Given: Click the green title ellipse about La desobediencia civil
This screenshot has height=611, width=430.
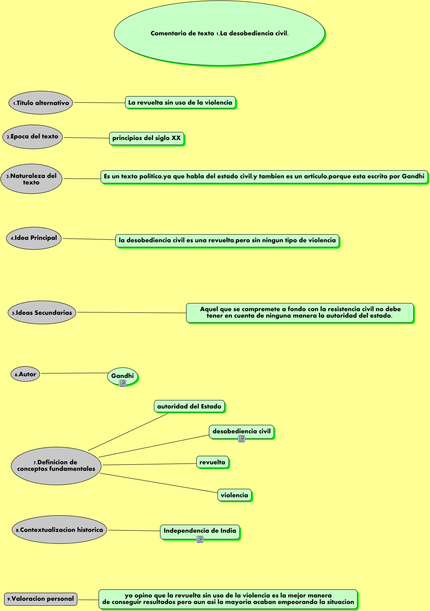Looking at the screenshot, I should (x=219, y=33).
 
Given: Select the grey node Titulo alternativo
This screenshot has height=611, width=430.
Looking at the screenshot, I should (x=41, y=103).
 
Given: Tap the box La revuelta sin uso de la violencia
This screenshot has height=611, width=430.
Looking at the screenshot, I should (x=180, y=103).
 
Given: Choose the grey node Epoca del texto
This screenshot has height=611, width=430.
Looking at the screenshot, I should (x=33, y=137).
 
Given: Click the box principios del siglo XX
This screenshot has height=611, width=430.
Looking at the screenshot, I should (x=147, y=138).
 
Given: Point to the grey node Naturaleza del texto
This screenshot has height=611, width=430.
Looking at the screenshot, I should (x=31, y=179).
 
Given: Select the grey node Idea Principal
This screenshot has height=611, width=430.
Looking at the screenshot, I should (x=34, y=238).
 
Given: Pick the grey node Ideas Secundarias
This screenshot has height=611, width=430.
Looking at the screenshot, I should (x=42, y=313).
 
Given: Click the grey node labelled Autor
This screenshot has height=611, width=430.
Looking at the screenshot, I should (x=25, y=374).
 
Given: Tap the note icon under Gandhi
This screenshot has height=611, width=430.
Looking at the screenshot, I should (x=123, y=383).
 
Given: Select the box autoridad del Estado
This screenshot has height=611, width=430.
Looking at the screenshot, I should (x=189, y=406).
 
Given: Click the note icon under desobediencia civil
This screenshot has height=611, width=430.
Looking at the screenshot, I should (x=241, y=439).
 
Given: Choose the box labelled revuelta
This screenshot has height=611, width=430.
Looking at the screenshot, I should (x=212, y=462).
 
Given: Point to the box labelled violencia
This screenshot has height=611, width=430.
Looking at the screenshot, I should (x=234, y=495).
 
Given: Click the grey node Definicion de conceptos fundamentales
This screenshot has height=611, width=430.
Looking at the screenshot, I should (x=56, y=466).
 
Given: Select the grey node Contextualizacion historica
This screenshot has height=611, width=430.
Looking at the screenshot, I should (x=59, y=530).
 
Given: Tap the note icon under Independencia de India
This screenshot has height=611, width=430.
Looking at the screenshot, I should (x=200, y=539).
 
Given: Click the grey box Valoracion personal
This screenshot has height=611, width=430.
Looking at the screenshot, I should (x=41, y=599).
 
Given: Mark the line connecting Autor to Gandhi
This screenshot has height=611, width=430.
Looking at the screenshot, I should (x=73, y=373).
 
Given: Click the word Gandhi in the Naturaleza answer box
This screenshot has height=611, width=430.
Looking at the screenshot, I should (x=413, y=176).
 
